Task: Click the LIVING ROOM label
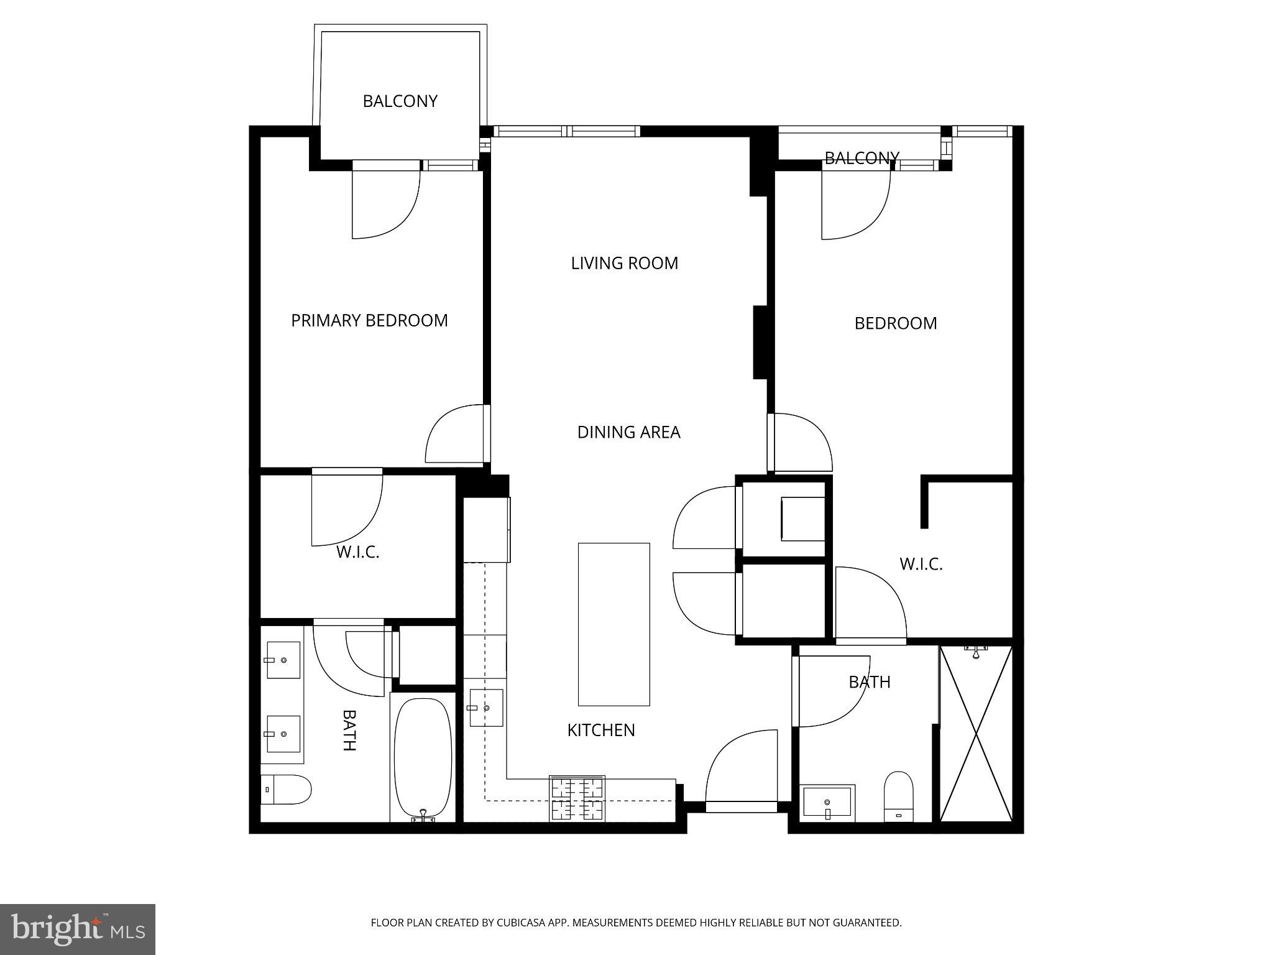point(624,263)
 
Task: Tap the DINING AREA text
point(628,432)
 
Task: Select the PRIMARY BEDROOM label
point(369,320)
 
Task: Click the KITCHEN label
point(601,730)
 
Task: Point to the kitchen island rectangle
point(614,624)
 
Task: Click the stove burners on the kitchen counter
point(577,798)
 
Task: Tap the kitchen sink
point(486,708)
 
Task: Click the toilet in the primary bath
point(286,789)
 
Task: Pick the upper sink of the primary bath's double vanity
point(283,660)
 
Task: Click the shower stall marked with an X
point(976,734)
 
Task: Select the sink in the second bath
point(828,802)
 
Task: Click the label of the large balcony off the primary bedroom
point(400,101)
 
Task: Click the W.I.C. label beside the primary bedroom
point(357,551)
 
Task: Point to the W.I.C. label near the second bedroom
point(921,564)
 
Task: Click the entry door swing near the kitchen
point(741,771)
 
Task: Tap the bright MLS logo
point(78,929)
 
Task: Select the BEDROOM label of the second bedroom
point(895,323)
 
